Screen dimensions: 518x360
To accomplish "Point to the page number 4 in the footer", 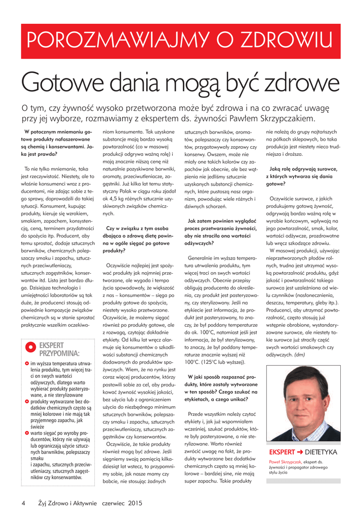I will click(x=23, y=503).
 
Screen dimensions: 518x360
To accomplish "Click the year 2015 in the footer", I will click(x=135, y=503).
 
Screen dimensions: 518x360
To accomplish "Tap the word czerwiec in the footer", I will click(x=113, y=503).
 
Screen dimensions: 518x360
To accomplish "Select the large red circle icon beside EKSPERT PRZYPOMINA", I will click(x=30, y=348).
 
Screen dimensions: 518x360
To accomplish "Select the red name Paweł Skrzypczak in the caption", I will click(x=285, y=462).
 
